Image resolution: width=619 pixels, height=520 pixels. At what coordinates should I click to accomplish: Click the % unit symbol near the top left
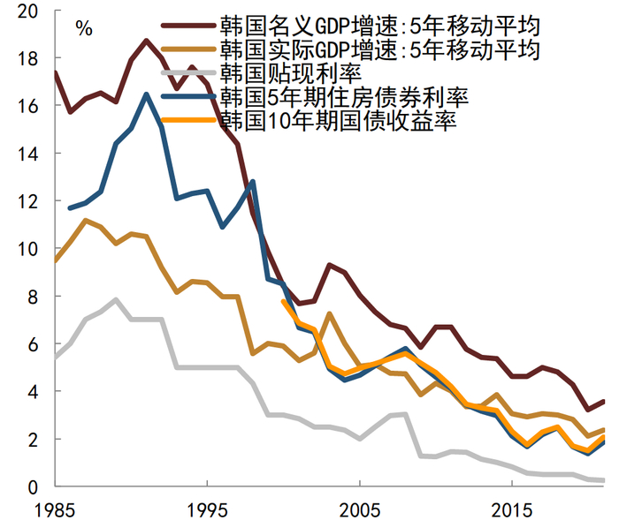pyautogui.click(x=84, y=28)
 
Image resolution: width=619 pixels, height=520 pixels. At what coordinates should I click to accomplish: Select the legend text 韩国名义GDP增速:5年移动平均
pyautogui.click(x=380, y=24)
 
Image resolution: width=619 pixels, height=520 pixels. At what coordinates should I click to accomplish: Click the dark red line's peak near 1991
pyautogui.click(x=146, y=41)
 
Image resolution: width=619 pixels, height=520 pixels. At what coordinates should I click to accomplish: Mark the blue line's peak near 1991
pyautogui.click(x=146, y=94)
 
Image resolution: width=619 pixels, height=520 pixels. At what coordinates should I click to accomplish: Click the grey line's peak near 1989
pyautogui.click(x=116, y=299)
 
